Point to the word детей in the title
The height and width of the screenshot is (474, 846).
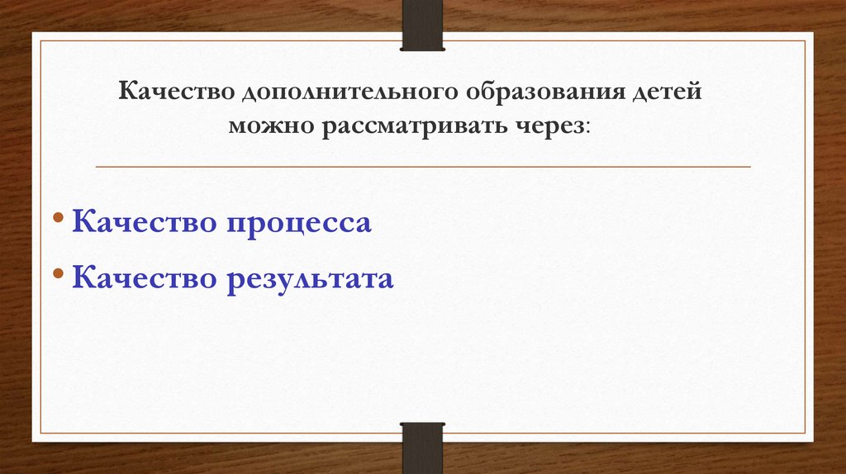(x=667, y=92)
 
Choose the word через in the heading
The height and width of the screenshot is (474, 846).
(x=551, y=127)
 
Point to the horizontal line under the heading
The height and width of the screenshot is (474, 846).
(x=423, y=167)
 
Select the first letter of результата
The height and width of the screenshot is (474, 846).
(x=233, y=281)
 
